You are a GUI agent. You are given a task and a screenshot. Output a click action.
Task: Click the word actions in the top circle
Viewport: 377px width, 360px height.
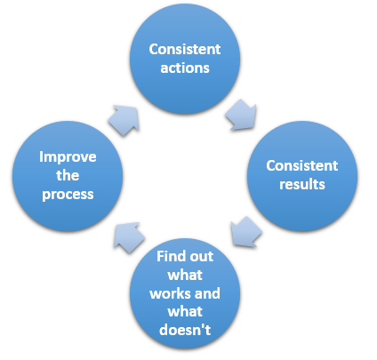[x=185, y=68]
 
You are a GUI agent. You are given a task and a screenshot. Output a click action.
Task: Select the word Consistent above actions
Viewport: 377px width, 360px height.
[x=185, y=49]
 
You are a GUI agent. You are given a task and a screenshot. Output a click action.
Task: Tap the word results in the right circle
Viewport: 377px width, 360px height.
[x=302, y=184]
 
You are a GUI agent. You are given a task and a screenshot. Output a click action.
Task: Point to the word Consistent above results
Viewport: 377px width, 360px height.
[x=302, y=165]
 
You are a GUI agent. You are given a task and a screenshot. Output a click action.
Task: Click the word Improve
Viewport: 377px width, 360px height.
[x=68, y=157]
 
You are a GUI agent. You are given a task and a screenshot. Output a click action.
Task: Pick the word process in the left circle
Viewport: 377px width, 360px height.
[x=68, y=195]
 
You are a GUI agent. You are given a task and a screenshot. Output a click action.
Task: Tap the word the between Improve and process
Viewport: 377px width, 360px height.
[x=68, y=175]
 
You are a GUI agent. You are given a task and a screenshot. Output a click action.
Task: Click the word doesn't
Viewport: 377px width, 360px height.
[x=185, y=330]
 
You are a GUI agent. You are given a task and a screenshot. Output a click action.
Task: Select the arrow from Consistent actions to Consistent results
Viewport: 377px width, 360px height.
[x=242, y=116]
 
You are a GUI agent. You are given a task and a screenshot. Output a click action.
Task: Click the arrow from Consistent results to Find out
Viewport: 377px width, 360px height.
[x=245, y=232]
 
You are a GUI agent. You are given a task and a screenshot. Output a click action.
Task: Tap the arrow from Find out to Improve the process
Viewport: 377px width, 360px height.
[x=129, y=237]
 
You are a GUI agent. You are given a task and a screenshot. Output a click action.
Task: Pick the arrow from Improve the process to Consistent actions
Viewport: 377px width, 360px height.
[x=124, y=120]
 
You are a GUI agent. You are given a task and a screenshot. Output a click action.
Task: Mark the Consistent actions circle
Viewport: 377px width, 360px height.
[x=185, y=59]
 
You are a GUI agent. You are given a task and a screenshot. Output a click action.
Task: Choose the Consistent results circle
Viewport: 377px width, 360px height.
[x=302, y=176]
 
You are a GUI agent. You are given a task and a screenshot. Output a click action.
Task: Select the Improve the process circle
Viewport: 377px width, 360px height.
[x=68, y=176]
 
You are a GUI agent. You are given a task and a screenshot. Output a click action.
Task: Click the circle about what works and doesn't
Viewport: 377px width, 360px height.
[x=185, y=293]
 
